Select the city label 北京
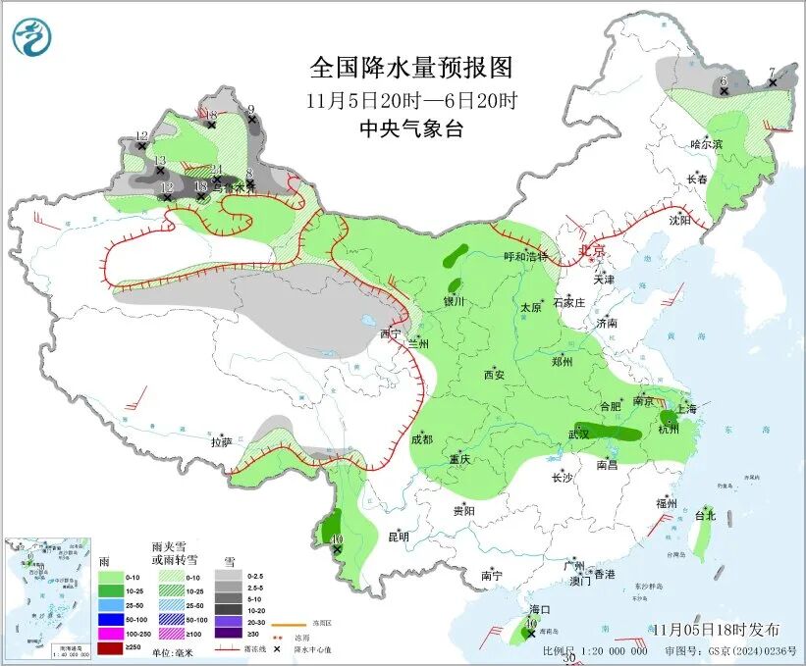(x=593, y=251)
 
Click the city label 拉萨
(x=221, y=442)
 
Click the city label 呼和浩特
(x=525, y=257)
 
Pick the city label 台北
(x=705, y=515)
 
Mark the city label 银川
(x=454, y=302)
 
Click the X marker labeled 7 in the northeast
(x=773, y=83)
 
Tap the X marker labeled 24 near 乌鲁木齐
(x=217, y=179)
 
